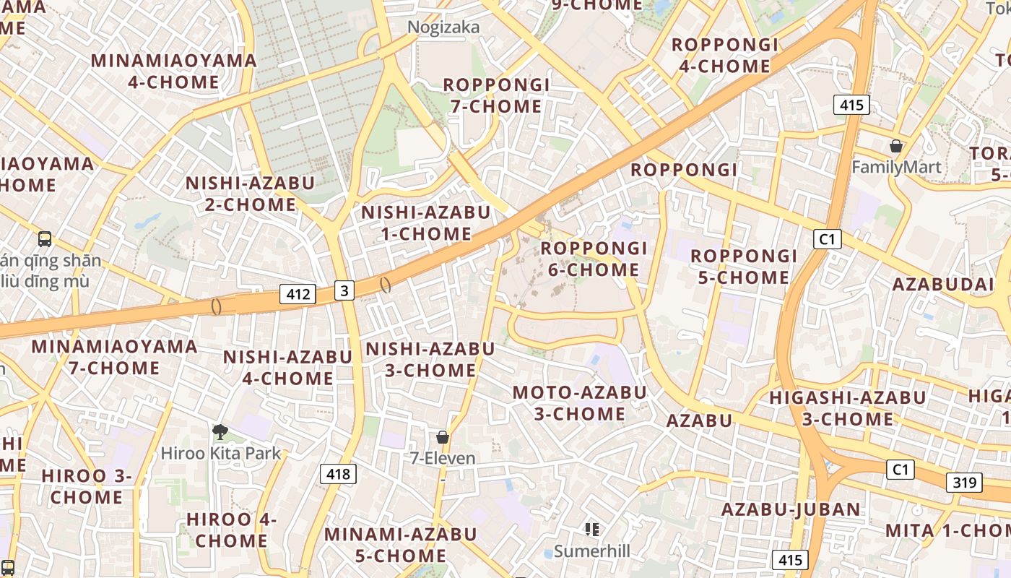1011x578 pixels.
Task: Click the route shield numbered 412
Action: click(298, 294)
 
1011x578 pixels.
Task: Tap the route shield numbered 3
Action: click(344, 290)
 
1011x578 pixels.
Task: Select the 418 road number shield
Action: click(338, 474)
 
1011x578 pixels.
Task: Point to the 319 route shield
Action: click(964, 483)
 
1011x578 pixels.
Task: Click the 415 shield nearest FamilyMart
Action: click(851, 105)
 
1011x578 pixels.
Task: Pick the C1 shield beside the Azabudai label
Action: click(827, 239)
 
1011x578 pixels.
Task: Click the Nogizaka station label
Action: click(443, 27)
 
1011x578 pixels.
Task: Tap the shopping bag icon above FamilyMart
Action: click(896, 146)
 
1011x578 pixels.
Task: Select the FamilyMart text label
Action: click(896, 168)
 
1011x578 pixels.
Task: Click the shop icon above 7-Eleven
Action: click(443, 437)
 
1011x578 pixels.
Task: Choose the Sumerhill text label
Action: click(591, 551)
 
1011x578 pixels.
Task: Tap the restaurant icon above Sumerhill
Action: click(592, 530)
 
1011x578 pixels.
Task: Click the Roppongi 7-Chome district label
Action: click(496, 95)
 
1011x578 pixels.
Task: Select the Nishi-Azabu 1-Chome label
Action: click(425, 223)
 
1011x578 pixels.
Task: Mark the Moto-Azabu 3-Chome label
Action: click(579, 403)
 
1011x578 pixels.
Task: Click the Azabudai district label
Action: click(943, 284)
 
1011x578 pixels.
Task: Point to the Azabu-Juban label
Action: click(791, 509)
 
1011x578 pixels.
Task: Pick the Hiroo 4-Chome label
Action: click(231, 530)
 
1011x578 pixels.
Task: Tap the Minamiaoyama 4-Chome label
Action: click(173, 71)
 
